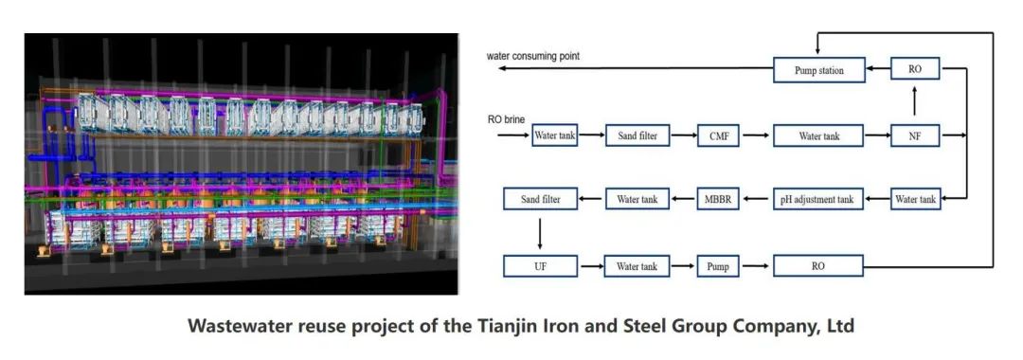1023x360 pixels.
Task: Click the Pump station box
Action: pos(818,70)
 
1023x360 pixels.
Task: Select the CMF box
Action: pos(718,135)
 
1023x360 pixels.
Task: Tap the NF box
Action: pos(915,135)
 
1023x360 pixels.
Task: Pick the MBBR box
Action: pos(718,199)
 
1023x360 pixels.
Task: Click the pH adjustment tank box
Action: pos(818,199)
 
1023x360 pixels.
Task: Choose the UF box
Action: pos(540,266)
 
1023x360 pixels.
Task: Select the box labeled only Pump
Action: pos(718,266)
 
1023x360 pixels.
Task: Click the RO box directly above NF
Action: pos(915,68)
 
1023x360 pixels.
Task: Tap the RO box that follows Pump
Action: pos(818,266)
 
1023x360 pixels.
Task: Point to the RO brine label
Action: pos(506,119)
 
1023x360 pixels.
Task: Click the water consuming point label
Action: pos(532,57)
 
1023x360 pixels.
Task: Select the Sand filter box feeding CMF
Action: pos(637,135)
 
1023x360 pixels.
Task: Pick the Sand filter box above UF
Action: pos(540,199)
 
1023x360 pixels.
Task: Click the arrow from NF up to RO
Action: pos(915,101)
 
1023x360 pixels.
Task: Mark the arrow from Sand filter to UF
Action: pos(540,232)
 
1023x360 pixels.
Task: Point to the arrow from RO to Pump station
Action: pos(877,68)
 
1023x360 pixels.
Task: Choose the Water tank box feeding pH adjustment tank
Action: pos(915,199)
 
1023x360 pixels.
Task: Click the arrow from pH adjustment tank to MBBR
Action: pos(756,199)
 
